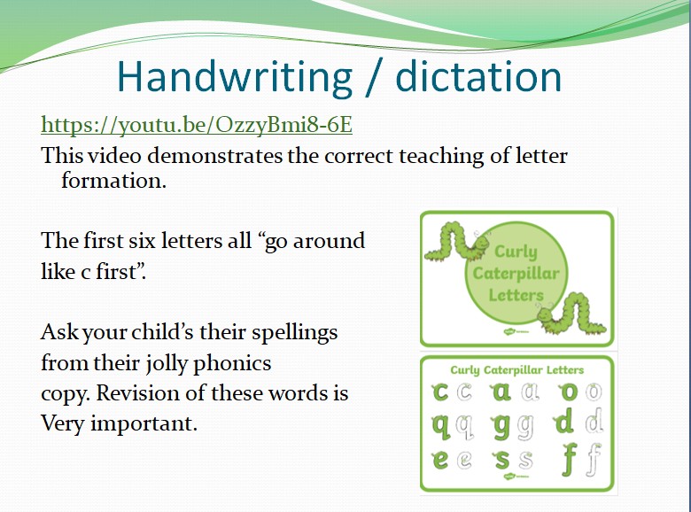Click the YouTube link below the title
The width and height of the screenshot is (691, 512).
[197, 125]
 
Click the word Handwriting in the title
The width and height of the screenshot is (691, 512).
[235, 77]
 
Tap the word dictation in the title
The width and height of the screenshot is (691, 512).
[478, 76]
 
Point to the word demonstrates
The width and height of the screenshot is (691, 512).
[214, 156]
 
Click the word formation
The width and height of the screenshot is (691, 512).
[113, 180]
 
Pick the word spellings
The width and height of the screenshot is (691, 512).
[294, 333]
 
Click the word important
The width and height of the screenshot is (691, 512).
[144, 424]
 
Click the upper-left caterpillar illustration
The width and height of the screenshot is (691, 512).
[457, 242]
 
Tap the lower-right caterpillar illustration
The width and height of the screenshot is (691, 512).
[571, 313]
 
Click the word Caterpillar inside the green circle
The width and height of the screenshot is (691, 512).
[516, 273]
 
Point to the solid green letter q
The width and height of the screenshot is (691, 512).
[441, 427]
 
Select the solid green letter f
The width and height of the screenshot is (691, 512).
[569, 459]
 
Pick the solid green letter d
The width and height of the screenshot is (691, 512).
[563, 421]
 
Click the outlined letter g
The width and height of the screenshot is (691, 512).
[525, 427]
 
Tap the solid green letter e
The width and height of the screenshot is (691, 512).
[440, 459]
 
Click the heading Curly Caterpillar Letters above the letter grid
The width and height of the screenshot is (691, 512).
[517, 369]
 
